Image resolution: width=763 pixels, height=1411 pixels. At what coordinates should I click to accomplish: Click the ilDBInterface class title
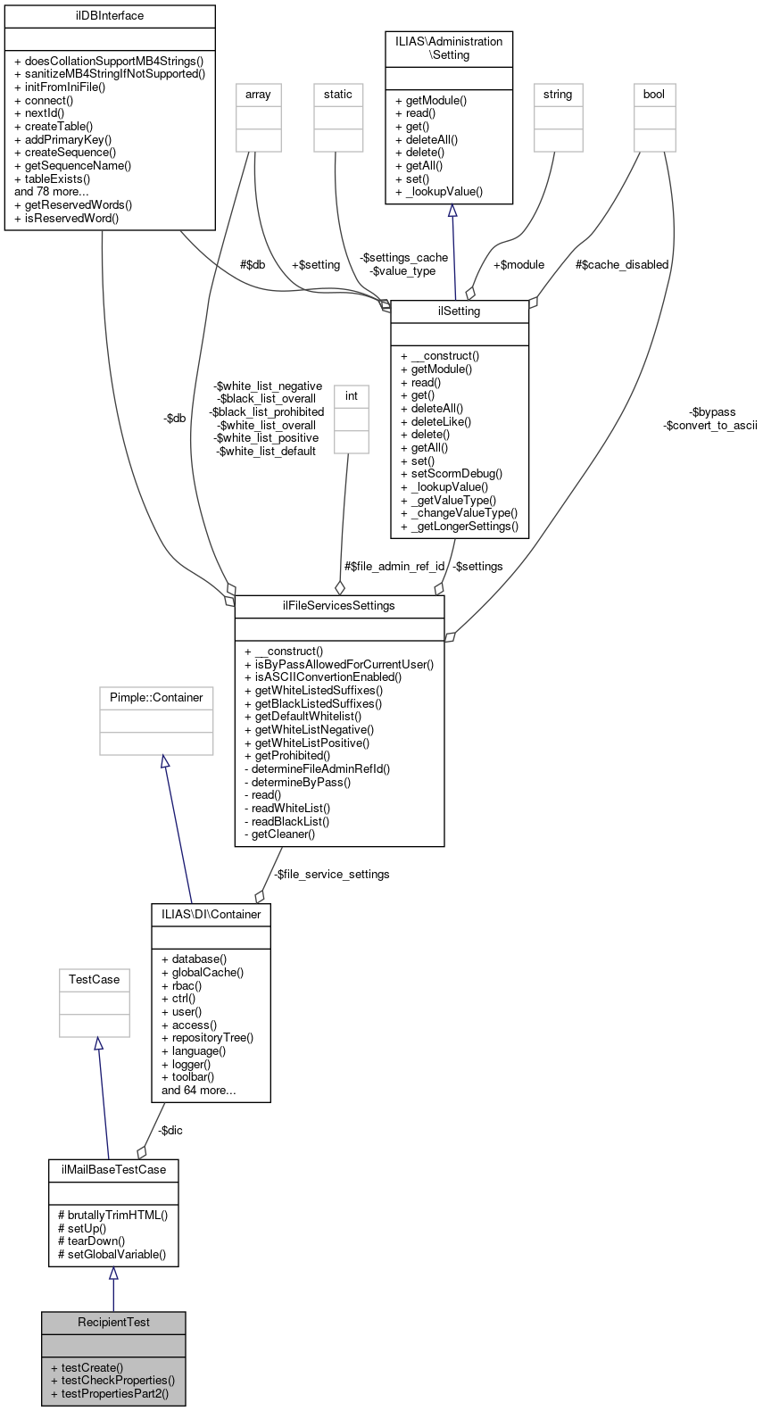[x=110, y=16]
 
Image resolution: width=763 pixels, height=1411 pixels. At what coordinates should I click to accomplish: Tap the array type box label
[x=258, y=95]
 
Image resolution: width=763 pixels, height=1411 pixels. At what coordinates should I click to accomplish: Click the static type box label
[x=338, y=95]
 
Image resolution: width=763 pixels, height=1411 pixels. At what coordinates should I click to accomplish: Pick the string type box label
[x=558, y=95]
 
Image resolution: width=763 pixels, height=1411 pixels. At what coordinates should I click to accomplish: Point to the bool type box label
[x=654, y=95]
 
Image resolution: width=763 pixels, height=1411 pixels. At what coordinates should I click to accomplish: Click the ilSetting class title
[x=460, y=311]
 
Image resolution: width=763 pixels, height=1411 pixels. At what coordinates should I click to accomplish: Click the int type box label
[x=352, y=396]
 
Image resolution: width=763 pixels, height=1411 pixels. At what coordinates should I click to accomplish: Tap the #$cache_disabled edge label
[x=622, y=265]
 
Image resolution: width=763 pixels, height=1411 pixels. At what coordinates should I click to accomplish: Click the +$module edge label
[x=518, y=265]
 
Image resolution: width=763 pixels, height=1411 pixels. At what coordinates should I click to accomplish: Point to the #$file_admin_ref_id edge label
[x=394, y=567]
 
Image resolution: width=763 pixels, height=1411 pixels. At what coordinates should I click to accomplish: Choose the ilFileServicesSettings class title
[x=339, y=606]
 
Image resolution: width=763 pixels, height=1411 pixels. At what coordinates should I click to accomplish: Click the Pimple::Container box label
[x=156, y=698]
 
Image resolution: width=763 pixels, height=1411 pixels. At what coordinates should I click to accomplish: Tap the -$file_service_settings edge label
[x=331, y=875]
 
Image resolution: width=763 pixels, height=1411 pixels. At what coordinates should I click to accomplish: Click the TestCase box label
[x=94, y=980]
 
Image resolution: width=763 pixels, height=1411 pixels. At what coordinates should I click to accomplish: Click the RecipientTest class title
[x=113, y=1323]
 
